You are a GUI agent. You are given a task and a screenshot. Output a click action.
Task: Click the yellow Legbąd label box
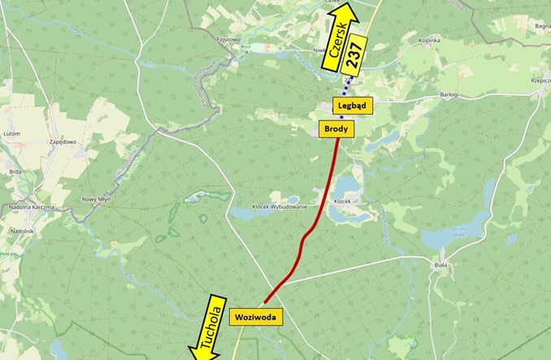(x=353, y=106)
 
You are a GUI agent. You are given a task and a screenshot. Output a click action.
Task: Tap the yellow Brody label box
(x=337, y=128)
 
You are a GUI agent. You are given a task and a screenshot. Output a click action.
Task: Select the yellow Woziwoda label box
(x=257, y=317)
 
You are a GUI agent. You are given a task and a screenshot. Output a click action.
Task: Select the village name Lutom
(x=11, y=132)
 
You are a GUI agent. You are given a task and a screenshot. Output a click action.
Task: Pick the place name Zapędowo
(x=63, y=141)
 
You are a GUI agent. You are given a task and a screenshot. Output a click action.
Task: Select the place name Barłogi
(x=446, y=96)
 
